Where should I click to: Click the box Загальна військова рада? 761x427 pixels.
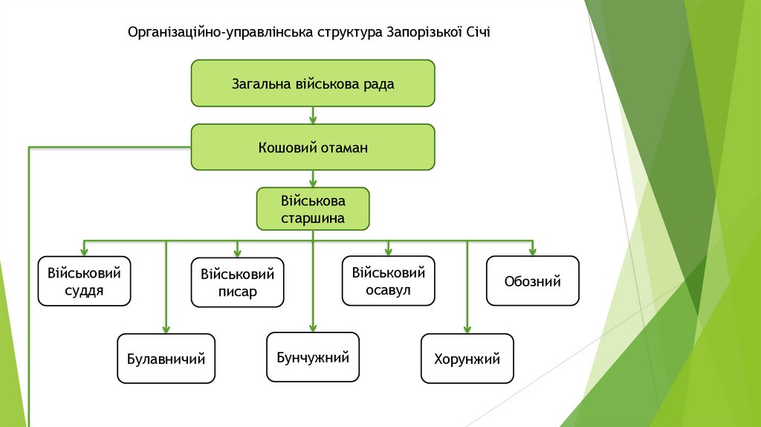[313, 83]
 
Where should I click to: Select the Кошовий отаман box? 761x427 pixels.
[313, 147]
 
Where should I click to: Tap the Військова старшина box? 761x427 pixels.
[313, 209]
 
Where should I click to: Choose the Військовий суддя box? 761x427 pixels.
[84, 281]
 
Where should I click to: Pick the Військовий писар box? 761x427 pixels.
[237, 283]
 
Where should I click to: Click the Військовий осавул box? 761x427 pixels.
[389, 280]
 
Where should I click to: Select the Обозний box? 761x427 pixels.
[532, 280]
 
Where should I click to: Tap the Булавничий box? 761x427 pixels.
[166, 359]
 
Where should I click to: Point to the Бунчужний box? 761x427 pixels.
[313, 358]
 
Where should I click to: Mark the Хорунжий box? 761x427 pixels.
[467, 359]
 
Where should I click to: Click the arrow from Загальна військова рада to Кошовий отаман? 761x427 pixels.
[313, 115]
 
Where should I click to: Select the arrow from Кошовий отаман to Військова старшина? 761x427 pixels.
[313, 179]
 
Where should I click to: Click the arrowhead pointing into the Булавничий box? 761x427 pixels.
[166, 330]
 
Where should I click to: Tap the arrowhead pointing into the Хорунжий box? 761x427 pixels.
[467, 330]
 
